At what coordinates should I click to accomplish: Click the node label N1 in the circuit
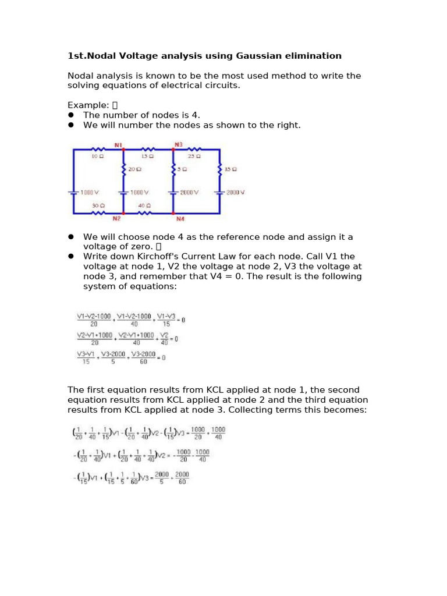click(118, 144)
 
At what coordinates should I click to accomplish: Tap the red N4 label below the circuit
click(179, 219)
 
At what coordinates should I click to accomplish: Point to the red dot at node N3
click(173, 150)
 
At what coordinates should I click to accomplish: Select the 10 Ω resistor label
click(97, 156)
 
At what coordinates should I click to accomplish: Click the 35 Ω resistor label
click(230, 169)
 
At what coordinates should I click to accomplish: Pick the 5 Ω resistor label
click(183, 169)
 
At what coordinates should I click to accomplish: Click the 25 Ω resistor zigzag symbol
click(196, 150)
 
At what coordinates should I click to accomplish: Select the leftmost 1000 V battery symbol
click(73, 193)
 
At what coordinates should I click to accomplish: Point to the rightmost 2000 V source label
click(235, 193)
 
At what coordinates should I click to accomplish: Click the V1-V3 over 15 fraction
click(166, 320)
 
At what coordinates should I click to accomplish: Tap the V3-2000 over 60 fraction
click(143, 357)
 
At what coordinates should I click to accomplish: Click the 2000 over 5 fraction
click(159, 478)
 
